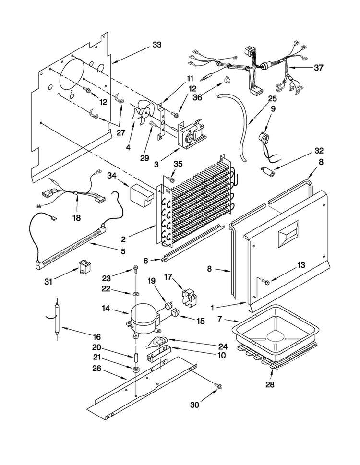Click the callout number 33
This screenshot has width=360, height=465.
click(x=156, y=45)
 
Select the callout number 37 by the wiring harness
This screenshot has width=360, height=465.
click(x=319, y=68)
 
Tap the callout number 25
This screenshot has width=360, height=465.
click(x=273, y=98)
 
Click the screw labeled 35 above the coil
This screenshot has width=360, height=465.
click(x=171, y=180)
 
